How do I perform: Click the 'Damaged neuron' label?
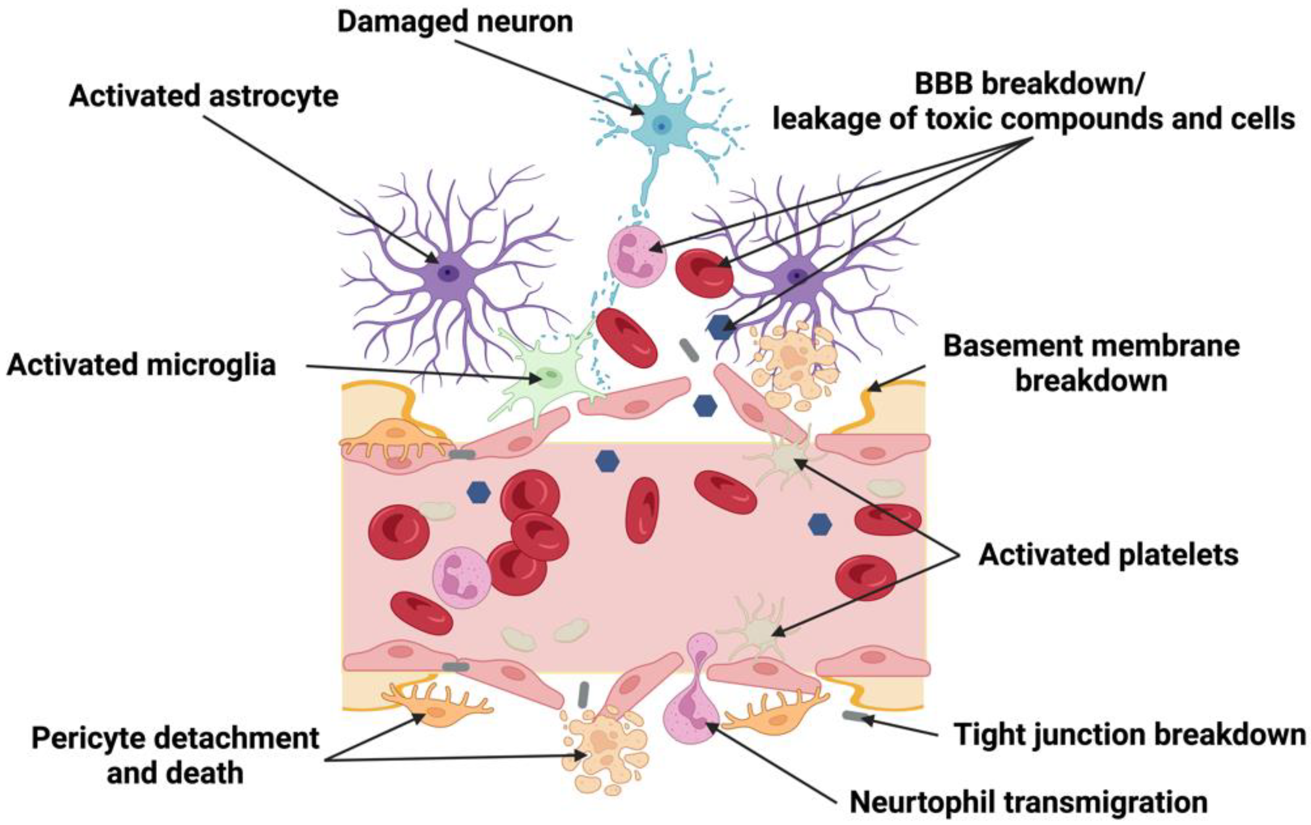455,22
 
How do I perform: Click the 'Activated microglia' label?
141,365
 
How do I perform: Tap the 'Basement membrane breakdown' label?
1091,363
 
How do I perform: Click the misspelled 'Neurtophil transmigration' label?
1028,802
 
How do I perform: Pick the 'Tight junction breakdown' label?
1130,735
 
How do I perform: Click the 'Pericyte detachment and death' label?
176,756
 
